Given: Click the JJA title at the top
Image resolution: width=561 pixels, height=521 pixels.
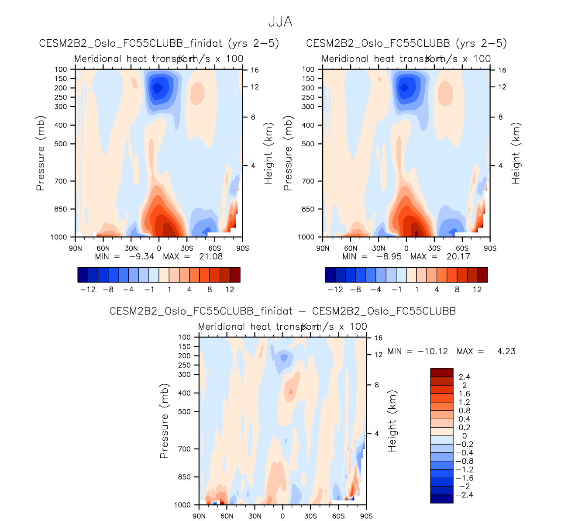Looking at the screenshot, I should (280, 22).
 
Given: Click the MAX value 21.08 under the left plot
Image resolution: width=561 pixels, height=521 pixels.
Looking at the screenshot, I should (211, 256).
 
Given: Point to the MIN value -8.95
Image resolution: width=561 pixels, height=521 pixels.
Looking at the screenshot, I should (389, 256).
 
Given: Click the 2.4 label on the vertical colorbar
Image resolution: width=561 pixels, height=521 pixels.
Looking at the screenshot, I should (464, 377).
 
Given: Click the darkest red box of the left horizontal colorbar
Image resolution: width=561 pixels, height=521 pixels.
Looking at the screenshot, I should (235, 275).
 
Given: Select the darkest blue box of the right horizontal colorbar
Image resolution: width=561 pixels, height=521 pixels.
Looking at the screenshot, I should (330, 275).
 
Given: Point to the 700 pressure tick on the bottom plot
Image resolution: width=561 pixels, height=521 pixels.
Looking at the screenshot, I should (185, 449).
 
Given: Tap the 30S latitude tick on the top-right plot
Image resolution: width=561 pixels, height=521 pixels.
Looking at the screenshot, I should (434, 248).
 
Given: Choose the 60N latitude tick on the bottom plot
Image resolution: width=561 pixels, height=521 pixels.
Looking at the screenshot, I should (227, 516).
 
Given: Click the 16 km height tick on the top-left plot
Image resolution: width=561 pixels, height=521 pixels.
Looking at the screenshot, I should (255, 70).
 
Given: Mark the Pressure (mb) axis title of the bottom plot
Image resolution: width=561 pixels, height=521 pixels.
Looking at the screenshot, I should (164, 421).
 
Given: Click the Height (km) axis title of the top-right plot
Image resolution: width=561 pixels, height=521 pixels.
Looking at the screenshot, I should (516, 153).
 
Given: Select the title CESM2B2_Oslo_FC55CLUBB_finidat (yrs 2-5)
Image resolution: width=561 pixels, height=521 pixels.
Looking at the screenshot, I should (159, 43).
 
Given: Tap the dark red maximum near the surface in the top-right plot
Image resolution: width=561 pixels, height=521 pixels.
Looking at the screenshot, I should (416, 233).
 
